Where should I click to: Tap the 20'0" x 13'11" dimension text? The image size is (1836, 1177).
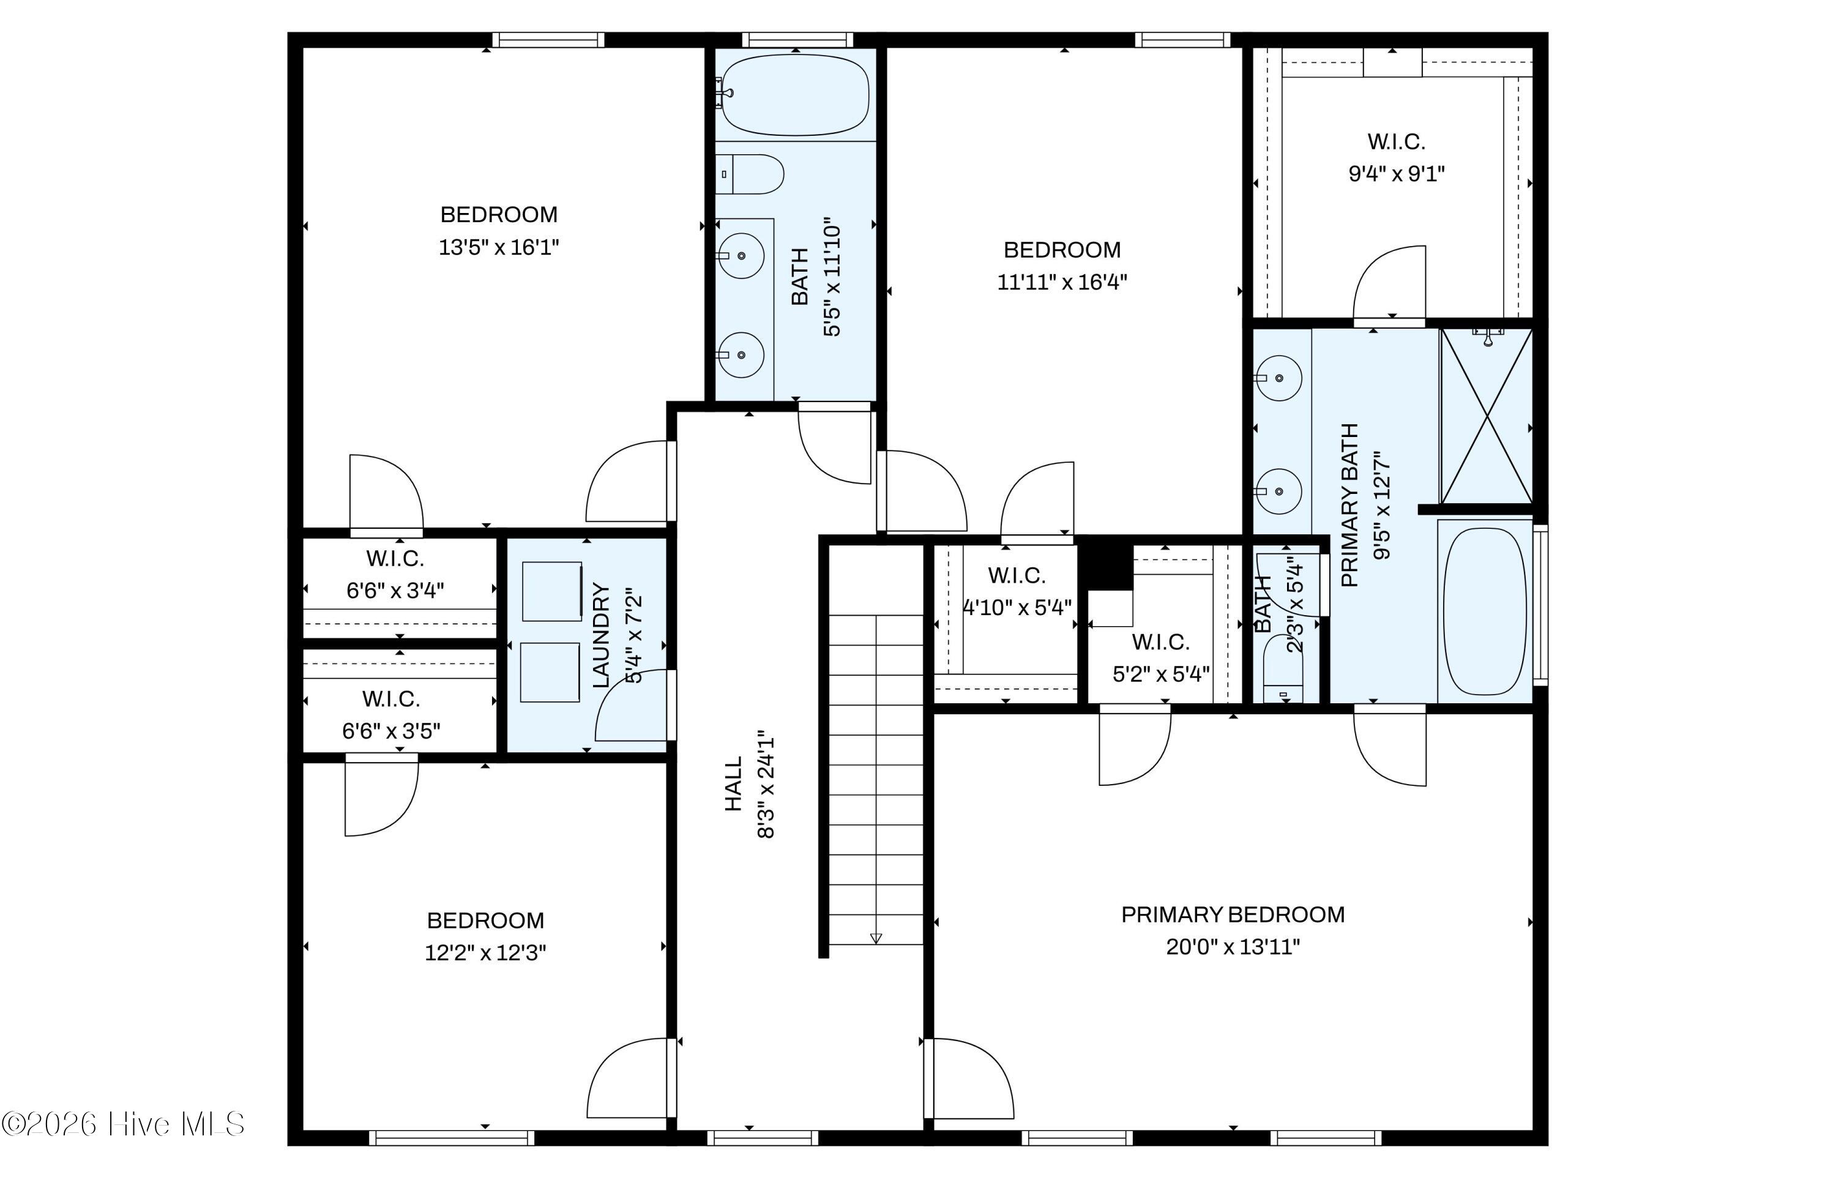coord(1233,947)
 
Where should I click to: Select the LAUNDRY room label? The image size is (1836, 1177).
coord(602,636)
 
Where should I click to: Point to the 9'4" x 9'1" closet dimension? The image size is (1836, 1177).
coord(1396,173)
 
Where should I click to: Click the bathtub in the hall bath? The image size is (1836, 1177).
coord(796,95)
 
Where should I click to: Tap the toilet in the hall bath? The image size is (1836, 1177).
coord(750,174)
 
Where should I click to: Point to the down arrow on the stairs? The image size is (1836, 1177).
coord(876,938)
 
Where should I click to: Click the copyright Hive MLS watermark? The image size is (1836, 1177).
coord(123,1124)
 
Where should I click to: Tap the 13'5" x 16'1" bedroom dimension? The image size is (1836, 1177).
coord(499,247)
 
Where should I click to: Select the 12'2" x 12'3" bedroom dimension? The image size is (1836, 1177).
coord(485,952)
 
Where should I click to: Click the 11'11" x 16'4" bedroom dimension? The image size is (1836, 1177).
coord(1062,282)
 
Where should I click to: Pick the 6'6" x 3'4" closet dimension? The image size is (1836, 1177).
coord(395,590)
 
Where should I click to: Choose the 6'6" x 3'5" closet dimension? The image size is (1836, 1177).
coord(391,731)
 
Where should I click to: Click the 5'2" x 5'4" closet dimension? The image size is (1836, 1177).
coord(1160,673)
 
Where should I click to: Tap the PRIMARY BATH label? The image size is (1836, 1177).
coord(1350,504)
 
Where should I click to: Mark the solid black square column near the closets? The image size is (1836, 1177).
coord(1105,562)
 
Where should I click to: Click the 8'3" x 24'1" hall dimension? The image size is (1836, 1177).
coord(766,787)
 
